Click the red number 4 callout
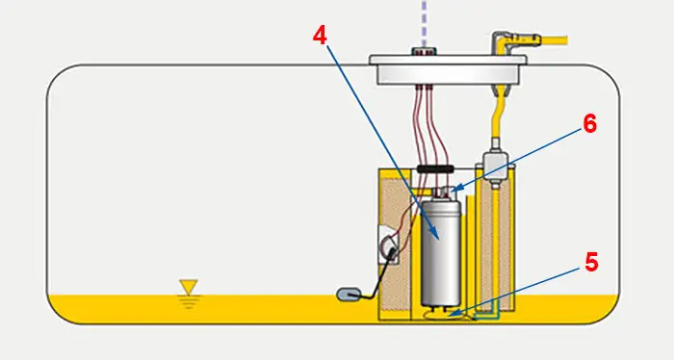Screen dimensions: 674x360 [x=320, y=36]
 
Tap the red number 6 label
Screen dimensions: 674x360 [x=589, y=124]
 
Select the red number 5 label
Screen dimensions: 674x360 [x=591, y=262]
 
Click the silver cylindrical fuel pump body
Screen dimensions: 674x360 [x=441, y=253]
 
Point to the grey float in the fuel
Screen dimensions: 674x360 [x=349, y=295]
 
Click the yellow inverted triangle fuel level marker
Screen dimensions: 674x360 [x=189, y=287]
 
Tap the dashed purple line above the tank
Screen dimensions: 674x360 [x=425, y=24]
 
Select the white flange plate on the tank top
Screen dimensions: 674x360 [x=448, y=68]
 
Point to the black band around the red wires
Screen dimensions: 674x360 [x=435, y=168]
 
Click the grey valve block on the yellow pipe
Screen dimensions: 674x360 [x=495, y=167]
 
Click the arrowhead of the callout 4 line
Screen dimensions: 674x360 [x=437, y=238]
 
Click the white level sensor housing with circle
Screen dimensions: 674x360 [x=389, y=244]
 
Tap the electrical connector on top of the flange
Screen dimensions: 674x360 [x=424, y=52]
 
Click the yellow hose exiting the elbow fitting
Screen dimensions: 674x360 [x=555, y=40]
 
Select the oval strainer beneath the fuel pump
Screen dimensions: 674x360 [x=447, y=316]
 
